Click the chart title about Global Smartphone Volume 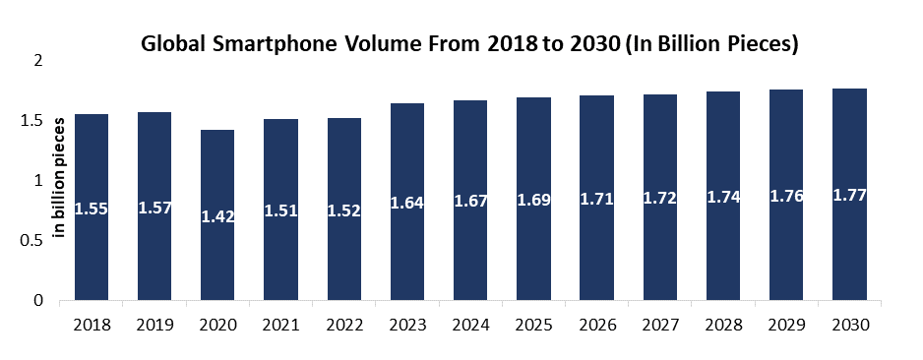tap(468, 44)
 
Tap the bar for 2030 tap(849, 246)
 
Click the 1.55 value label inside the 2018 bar tap(92, 209)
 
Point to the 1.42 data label tap(218, 216)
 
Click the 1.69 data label tap(534, 201)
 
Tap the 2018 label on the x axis tap(92, 325)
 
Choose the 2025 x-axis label tap(534, 325)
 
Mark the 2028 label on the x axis tap(723, 325)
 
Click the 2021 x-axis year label tap(281, 325)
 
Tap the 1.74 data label tap(723, 196)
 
